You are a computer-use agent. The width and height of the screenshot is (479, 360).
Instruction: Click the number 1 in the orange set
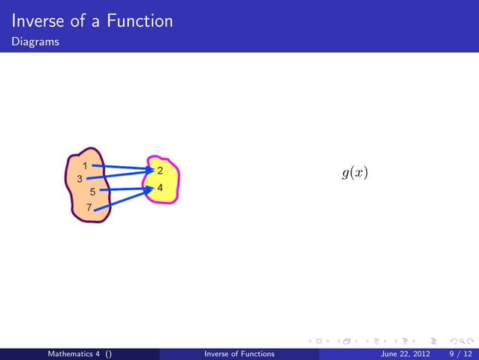tap(86, 165)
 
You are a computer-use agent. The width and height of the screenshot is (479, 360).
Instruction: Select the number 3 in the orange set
tap(79, 179)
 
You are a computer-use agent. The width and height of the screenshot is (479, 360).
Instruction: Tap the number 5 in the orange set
tap(92, 192)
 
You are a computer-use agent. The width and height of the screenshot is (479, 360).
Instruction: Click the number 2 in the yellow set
tap(160, 171)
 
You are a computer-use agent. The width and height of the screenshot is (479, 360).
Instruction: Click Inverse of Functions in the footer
tap(239, 353)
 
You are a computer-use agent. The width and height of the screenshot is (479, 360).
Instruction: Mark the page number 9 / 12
tap(459, 353)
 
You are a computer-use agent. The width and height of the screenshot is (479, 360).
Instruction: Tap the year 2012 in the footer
tap(419, 353)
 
